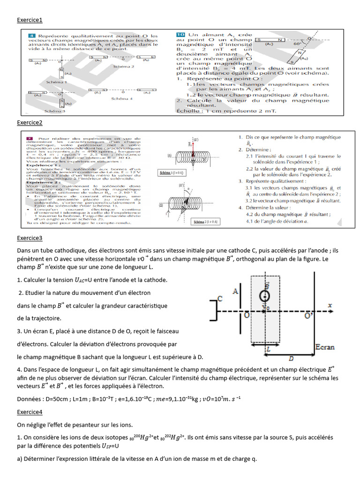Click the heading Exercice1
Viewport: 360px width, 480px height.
[x=30, y=20]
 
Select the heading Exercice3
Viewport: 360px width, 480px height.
[x=30, y=238]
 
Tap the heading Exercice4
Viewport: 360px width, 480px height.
[x=30, y=412]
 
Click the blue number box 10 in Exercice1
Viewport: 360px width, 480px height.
[x=180, y=35]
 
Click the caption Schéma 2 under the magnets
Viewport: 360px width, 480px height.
[x=123, y=67]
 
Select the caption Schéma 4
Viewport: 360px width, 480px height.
[x=122, y=99]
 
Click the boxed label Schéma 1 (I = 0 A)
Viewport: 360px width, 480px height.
[x=172, y=172]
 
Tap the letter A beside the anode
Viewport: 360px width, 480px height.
[x=236, y=292]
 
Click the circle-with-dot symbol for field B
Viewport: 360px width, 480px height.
[x=265, y=296]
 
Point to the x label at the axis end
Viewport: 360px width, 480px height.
[x=330, y=306]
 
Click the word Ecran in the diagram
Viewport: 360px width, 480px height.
[x=324, y=347]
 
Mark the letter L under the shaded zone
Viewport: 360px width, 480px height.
[x=268, y=349]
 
